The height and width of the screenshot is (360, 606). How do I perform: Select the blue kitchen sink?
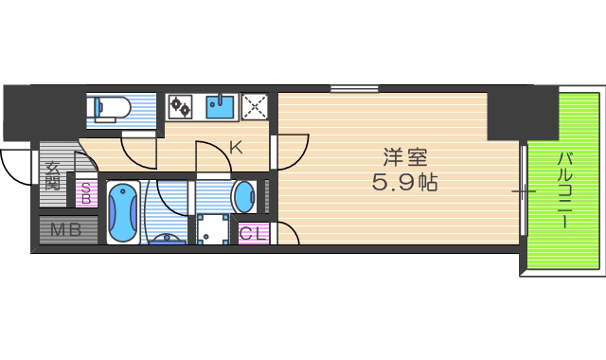[x=221, y=106]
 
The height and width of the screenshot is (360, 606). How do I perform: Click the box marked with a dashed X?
[x=254, y=106]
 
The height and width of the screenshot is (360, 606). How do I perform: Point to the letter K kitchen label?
[x=236, y=147]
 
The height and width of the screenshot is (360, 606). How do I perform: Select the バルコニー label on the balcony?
[x=563, y=189]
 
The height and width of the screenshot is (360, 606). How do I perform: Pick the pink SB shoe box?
[x=85, y=193]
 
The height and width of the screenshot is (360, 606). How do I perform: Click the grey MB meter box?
[x=66, y=230]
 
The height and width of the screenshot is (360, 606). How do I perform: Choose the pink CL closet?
[x=253, y=232]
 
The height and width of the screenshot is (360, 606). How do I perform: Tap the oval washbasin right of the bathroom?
[x=243, y=197]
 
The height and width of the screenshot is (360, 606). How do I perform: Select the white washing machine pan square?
[x=214, y=230]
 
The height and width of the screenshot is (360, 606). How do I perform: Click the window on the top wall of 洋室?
[x=355, y=90]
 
